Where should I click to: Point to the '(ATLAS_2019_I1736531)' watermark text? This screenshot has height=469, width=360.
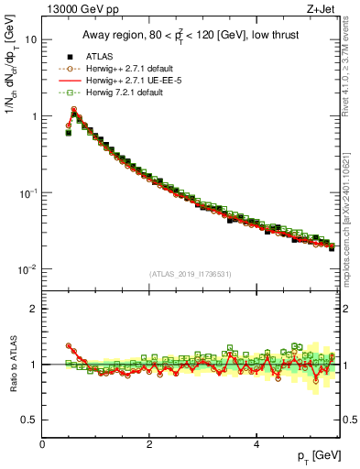190,274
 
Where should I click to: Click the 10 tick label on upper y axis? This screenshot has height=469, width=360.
30,40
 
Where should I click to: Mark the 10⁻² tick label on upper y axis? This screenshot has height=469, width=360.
27,269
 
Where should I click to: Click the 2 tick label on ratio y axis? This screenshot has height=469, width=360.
33,309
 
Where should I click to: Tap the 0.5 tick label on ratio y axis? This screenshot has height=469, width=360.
29,420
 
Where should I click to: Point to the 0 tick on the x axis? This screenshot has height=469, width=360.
42,445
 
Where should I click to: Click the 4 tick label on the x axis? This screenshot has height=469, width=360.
256,445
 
